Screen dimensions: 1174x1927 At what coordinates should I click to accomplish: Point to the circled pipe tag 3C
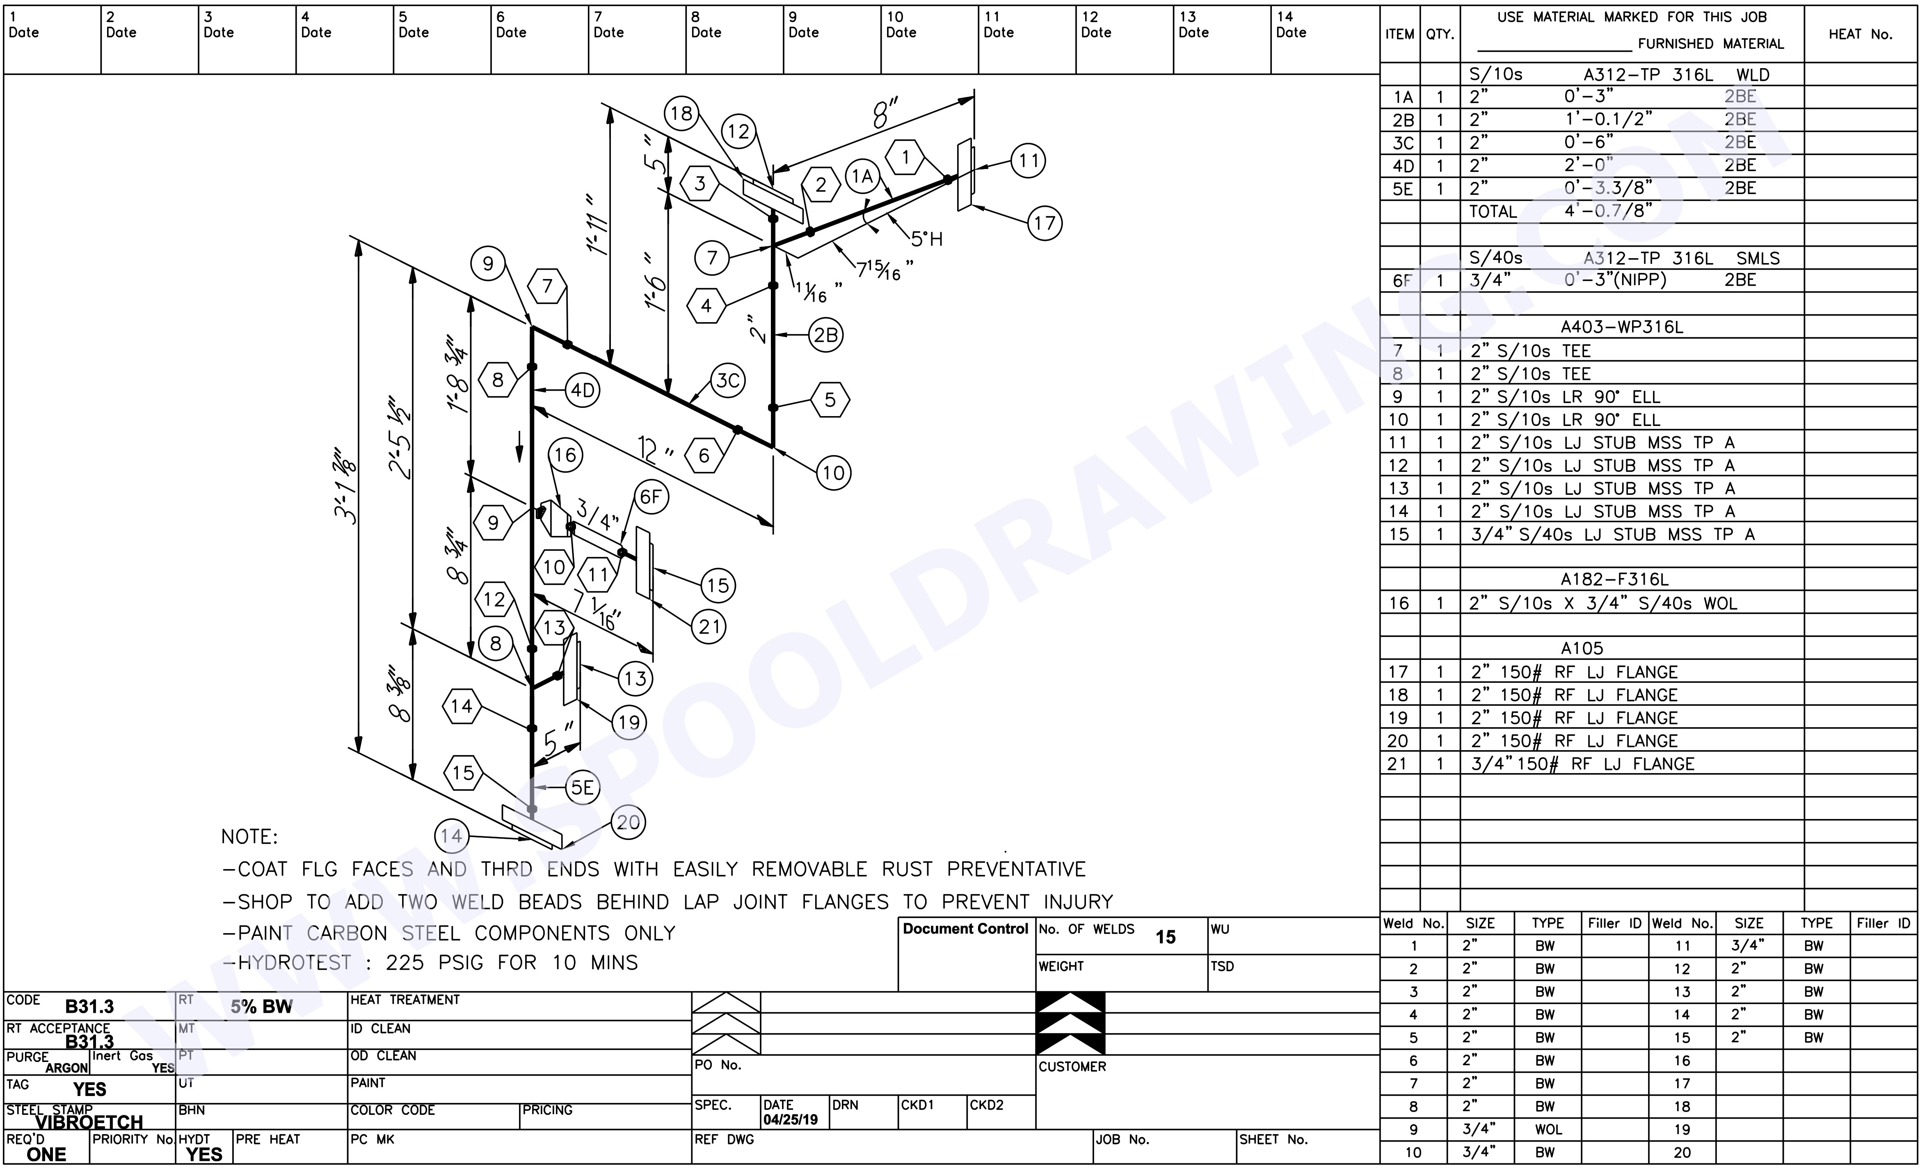728,381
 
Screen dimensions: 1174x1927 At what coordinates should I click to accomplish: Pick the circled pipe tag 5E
582,787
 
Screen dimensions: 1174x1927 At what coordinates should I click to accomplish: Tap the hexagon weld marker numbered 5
830,400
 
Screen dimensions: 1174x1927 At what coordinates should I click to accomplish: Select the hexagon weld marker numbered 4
706,306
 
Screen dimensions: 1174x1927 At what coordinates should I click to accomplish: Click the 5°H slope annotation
927,239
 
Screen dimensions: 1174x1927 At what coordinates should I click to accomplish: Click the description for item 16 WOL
1603,604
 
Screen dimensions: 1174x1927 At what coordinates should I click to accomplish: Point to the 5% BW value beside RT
261,1007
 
